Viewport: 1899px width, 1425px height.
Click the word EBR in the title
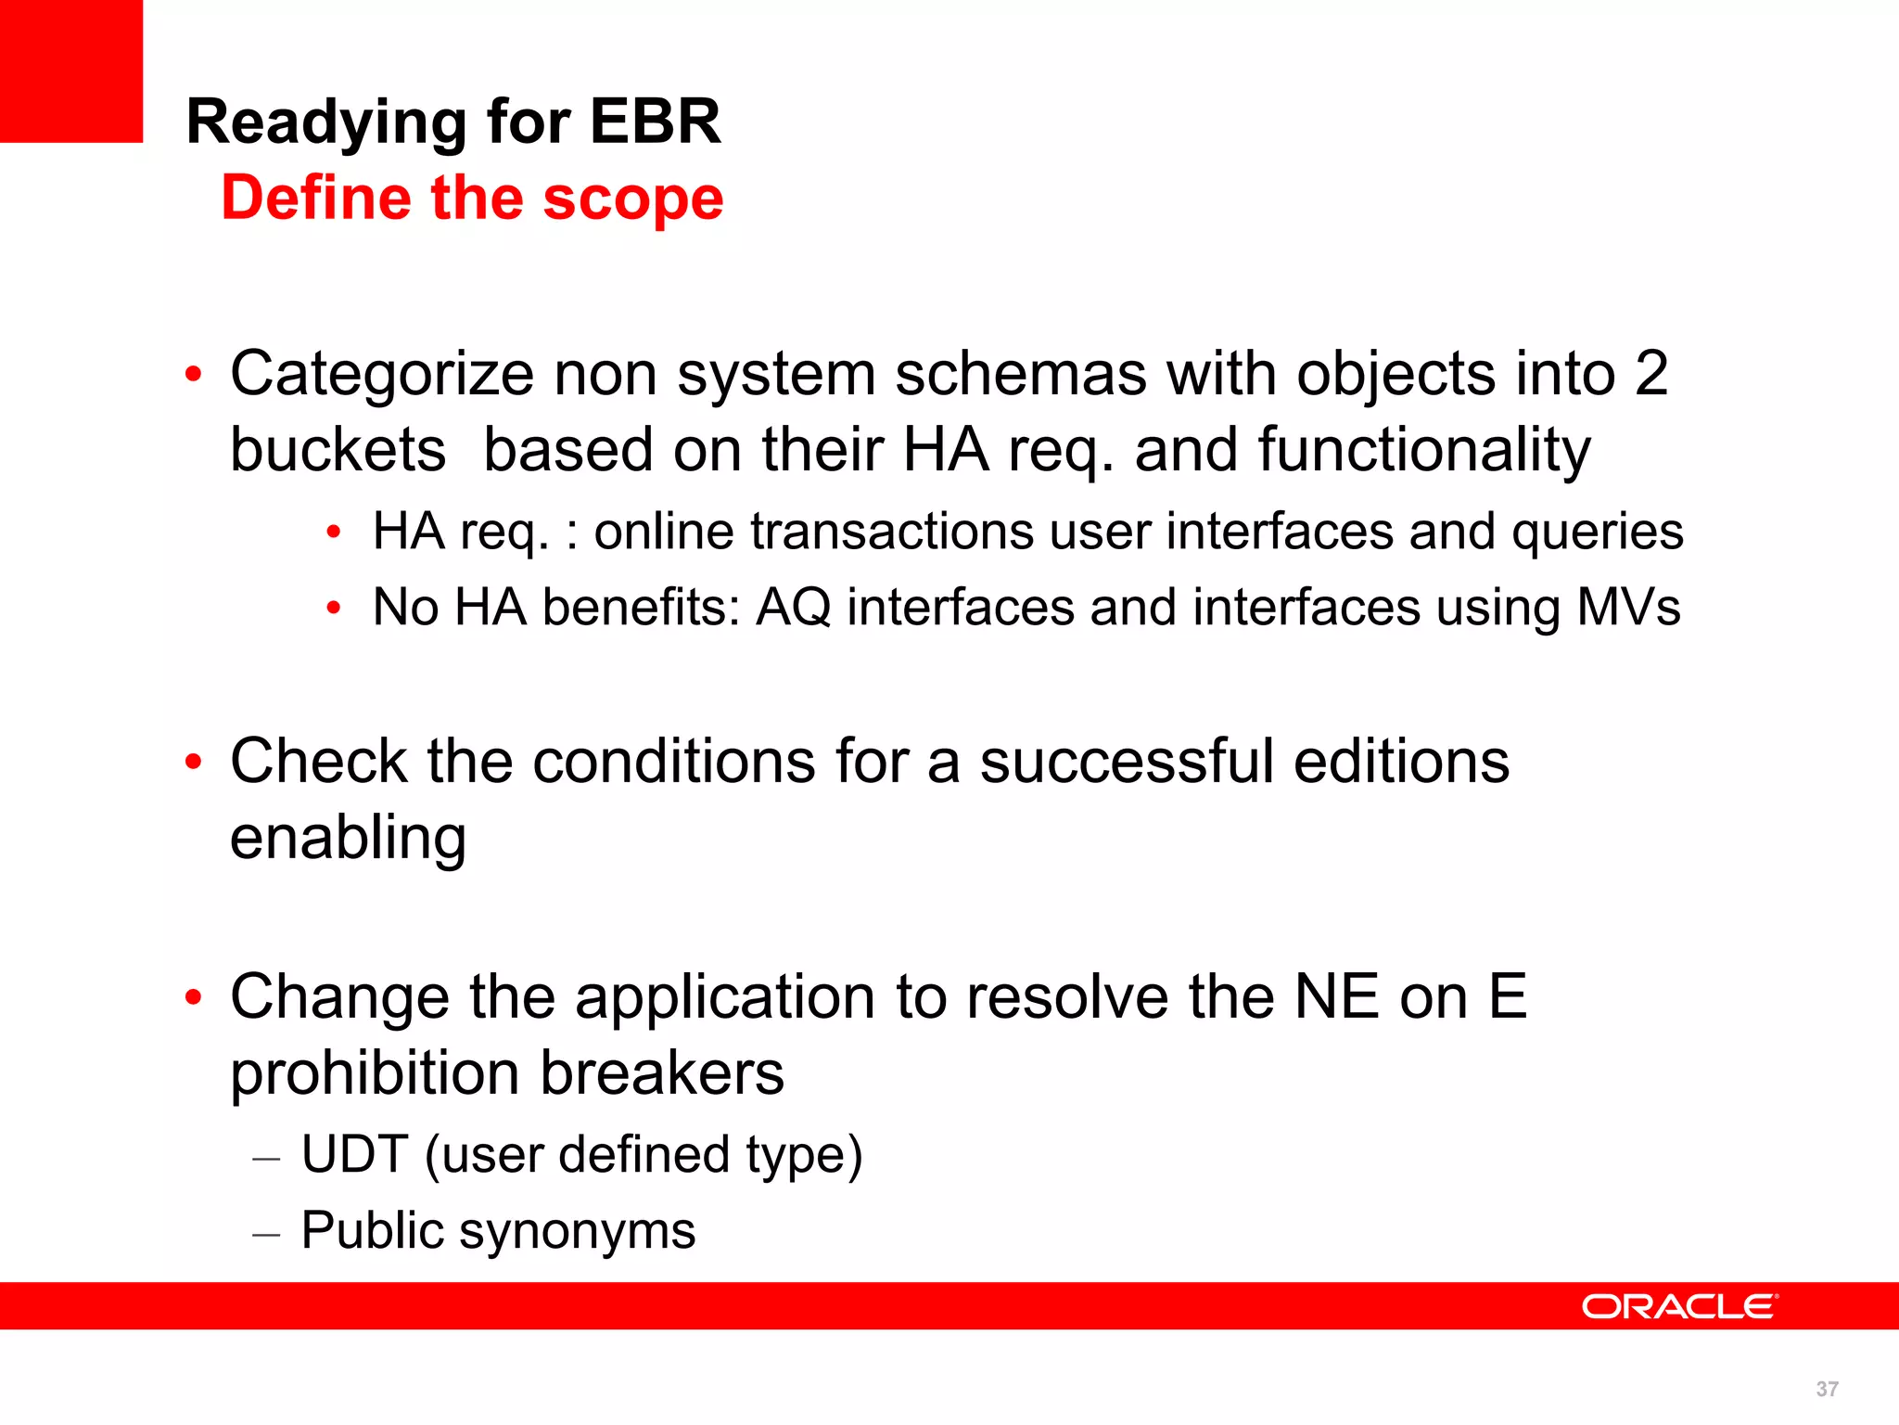pos(655,122)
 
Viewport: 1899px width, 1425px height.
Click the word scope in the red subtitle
pos(632,199)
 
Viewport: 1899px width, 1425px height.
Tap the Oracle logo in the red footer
pos(1679,1306)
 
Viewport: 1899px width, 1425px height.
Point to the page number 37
pos(1827,1389)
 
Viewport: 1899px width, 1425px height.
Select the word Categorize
pos(382,374)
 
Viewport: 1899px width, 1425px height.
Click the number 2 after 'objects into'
pos(1650,374)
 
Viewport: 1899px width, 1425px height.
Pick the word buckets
pos(338,450)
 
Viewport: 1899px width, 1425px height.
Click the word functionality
pos(1423,450)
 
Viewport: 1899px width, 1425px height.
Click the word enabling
pos(348,839)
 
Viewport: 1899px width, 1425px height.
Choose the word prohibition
pos(375,1073)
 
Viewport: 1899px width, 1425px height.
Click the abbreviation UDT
pos(354,1154)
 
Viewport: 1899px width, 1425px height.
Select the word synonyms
pos(577,1231)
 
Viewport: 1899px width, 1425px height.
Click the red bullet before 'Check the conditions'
pos(193,763)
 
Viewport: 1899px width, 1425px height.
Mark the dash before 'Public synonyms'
pos(266,1235)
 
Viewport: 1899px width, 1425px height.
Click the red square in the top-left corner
pos(71,71)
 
